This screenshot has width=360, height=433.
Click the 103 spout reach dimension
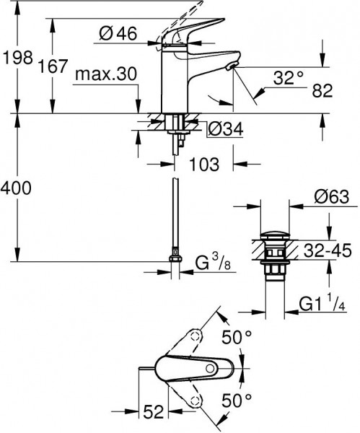pyautogui.click(x=205, y=165)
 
